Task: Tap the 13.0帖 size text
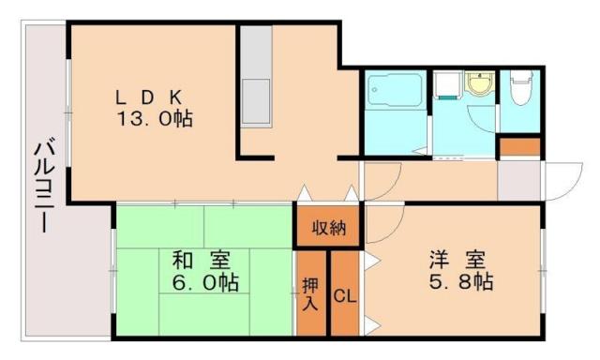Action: point(154,119)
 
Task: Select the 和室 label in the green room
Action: point(203,261)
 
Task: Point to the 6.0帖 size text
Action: point(204,283)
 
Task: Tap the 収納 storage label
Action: point(327,227)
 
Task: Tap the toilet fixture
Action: point(518,90)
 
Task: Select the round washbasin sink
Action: point(479,85)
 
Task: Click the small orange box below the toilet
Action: point(519,147)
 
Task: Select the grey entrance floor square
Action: point(518,180)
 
